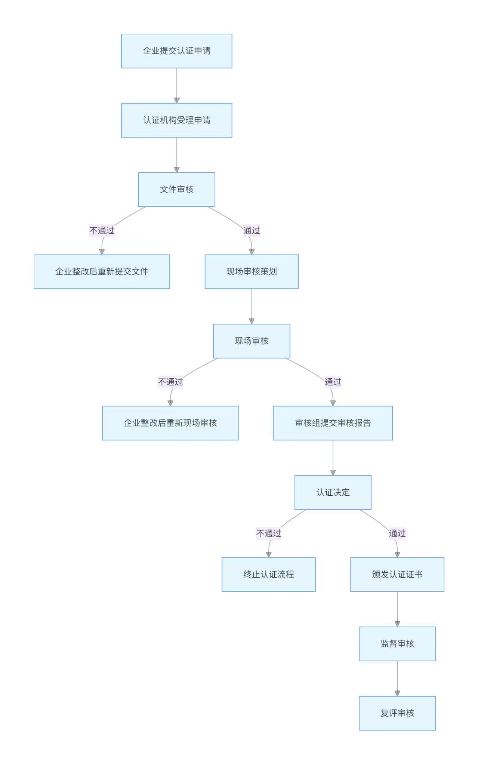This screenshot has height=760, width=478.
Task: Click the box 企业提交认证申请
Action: pyautogui.click(x=176, y=51)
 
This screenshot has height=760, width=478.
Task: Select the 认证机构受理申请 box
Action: pyautogui.click(x=176, y=120)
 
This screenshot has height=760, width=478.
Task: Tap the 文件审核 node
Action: pyautogui.click(x=176, y=190)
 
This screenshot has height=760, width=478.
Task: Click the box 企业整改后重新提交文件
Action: pyautogui.click(x=102, y=271)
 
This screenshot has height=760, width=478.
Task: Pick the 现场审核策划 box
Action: pyautogui.click(x=252, y=271)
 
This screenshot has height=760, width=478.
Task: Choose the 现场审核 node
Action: pyautogui.click(x=252, y=341)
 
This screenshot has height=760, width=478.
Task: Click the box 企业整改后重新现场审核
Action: pyautogui.click(x=170, y=423)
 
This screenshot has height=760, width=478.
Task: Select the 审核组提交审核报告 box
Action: pyautogui.click(x=333, y=423)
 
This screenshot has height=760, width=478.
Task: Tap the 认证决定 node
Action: pyautogui.click(x=333, y=492)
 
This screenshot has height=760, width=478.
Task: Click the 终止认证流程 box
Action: pyautogui.click(x=268, y=574)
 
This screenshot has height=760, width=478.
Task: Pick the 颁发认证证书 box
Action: pyautogui.click(x=397, y=574)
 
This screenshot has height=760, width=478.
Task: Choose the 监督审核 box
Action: pyautogui.click(x=397, y=644)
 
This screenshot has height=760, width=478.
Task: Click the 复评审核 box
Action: pyautogui.click(x=397, y=713)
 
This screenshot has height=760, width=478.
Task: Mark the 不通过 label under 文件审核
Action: pyautogui.click(x=102, y=230)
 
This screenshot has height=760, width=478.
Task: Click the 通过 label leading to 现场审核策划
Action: pyautogui.click(x=252, y=230)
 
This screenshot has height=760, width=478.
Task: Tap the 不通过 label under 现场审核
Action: pyautogui.click(x=170, y=382)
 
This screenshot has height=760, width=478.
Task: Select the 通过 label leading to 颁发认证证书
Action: pyautogui.click(x=397, y=533)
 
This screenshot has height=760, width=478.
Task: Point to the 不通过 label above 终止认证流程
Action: pyautogui.click(x=268, y=533)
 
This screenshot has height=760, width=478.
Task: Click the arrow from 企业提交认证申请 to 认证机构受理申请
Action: pyautogui.click(x=177, y=86)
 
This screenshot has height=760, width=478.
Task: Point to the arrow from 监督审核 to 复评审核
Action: pyautogui.click(x=397, y=678)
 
